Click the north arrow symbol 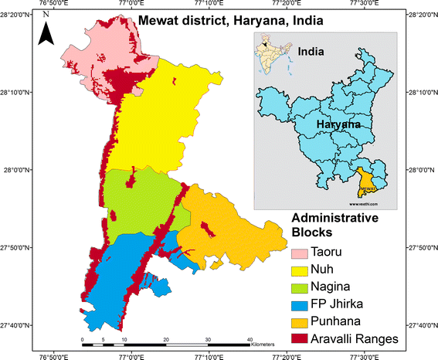pyautogui.click(x=46, y=32)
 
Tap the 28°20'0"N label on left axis pyautogui.click(x=15, y=15)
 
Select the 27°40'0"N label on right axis pyautogui.click(x=421, y=325)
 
